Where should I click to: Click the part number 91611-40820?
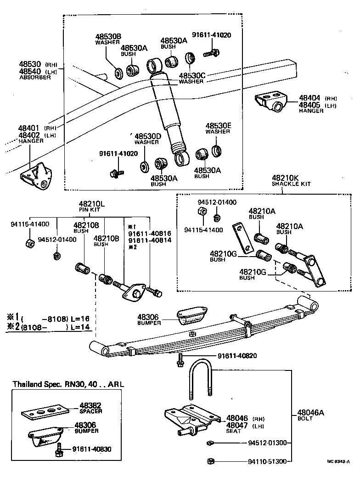(237, 356)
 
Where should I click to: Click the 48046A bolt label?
(310, 415)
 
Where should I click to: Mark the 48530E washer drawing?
(216, 150)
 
